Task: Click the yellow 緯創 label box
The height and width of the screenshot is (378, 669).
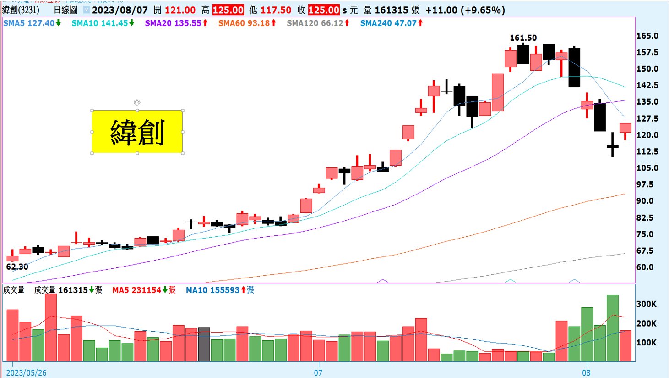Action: coord(137,132)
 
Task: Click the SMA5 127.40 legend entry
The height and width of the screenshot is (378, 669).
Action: coord(32,23)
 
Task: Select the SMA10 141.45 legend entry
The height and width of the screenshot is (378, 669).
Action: coord(103,23)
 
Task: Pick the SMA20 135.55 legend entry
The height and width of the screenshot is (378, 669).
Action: coord(176,23)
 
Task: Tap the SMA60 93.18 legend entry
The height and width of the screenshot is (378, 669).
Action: coord(247,23)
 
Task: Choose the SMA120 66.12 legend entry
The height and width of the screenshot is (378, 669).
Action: coord(318,23)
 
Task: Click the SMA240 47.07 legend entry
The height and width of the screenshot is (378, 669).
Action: coord(391,23)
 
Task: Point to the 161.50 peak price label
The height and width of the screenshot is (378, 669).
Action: coord(523,38)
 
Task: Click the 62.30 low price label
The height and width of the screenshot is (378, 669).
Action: coord(17,267)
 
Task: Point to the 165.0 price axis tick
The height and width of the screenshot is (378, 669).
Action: coord(647,36)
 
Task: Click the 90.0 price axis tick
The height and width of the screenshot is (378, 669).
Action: coord(645,201)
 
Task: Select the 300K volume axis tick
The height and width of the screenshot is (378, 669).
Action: coord(646,304)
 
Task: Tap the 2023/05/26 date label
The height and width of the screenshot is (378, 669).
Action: coord(26,372)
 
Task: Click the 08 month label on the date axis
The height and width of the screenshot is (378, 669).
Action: coord(586,372)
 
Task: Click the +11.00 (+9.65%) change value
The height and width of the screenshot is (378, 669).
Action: coord(465,10)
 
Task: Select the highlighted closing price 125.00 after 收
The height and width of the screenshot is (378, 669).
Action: coord(323,10)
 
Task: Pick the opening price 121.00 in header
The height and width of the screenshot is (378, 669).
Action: coord(180,10)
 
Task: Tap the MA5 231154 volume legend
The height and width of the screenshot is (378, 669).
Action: coord(143,290)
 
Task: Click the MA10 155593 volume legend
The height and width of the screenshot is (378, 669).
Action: coord(219,290)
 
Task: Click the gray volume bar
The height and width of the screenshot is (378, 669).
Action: coord(204,344)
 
